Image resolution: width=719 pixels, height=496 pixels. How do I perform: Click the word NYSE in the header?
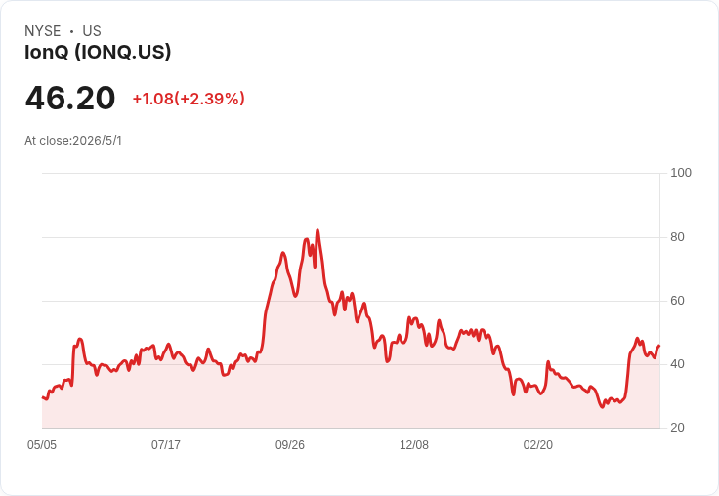[x=43, y=31]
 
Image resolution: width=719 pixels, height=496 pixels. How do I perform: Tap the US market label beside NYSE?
[x=92, y=31]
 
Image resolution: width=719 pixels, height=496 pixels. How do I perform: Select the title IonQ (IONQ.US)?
[x=98, y=52]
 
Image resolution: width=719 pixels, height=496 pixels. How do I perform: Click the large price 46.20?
[x=70, y=98]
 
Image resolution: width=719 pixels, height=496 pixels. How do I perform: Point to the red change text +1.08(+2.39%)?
[x=189, y=99]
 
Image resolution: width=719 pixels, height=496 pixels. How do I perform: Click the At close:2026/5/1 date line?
[x=73, y=141]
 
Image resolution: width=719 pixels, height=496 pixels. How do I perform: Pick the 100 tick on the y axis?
[x=681, y=173]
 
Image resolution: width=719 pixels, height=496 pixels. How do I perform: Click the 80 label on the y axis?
[x=677, y=237]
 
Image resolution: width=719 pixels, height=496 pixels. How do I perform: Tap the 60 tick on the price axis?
[x=677, y=301]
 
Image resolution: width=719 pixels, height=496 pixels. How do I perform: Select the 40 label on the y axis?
[x=677, y=364]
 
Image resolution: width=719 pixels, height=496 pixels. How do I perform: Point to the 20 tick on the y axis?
[x=677, y=428]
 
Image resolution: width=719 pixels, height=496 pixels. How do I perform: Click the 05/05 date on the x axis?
[x=42, y=445]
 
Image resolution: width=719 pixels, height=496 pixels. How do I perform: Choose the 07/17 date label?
[x=166, y=445]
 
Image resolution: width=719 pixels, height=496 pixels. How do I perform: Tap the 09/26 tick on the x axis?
[x=290, y=445]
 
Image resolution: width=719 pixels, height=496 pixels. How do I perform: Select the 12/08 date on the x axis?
[x=414, y=445]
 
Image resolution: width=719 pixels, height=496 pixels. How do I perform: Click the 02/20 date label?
[x=538, y=445]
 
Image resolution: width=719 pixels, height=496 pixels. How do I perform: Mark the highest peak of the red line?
[x=317, y=230]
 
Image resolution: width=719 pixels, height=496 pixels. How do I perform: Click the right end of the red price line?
[x=659, y=346]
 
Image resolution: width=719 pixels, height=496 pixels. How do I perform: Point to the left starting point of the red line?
[x=43, y=397]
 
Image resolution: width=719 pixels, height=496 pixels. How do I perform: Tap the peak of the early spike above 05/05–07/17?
[x=80, y=339]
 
